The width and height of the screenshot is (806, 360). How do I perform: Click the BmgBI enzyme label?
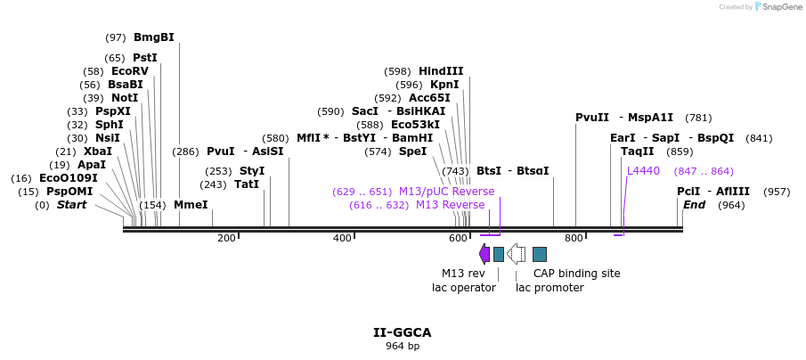[x=153, y=37]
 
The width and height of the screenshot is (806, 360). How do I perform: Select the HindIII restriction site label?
[x=441, y=71]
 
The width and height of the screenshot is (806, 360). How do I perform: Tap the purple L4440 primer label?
[x=643, y=171]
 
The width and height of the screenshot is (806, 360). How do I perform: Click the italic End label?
[x=694, y=205]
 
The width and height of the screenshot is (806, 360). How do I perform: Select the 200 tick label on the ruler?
[x=226, y=238]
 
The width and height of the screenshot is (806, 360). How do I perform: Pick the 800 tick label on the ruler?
[x=574, y=238]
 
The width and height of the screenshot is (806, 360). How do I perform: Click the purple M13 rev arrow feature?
[x=484, y=254]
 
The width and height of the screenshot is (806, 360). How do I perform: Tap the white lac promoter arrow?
[x=516, y=254]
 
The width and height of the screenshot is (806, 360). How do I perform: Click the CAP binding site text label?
[x=576, y=274]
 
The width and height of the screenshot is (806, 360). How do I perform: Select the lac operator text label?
[x=463, y=288]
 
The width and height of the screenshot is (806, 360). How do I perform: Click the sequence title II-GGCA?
[x=403, y=332]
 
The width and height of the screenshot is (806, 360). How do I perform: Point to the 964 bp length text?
[x=403, y=346]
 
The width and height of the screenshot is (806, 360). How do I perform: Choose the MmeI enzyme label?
[x=191, y=205]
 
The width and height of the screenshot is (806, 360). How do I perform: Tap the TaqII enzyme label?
[x=637, y=151]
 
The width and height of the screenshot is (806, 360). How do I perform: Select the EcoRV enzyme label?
[x=130, y=71]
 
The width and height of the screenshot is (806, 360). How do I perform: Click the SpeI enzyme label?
[x=412, y=151]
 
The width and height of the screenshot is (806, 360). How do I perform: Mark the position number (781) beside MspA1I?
[x=699, y=118]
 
